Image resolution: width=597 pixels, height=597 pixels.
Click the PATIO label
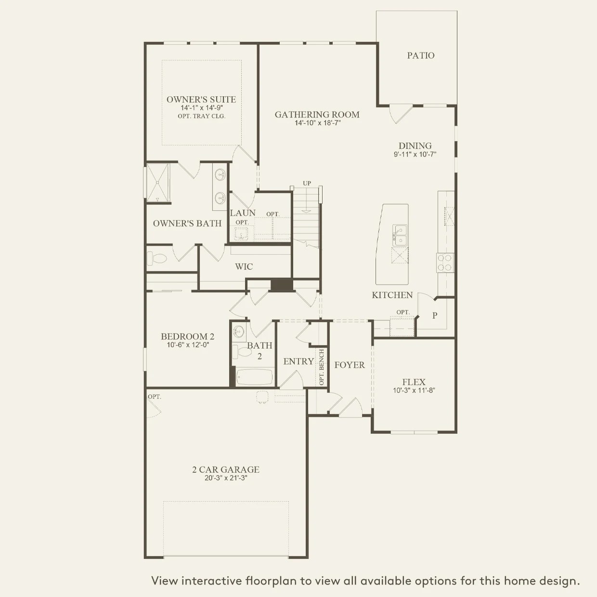coord(421,55)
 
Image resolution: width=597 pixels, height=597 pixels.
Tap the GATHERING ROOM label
coord(317,115)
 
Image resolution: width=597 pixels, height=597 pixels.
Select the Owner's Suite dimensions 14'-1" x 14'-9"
coord(201,108)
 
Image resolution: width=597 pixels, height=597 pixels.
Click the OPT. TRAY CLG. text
coord(201,116)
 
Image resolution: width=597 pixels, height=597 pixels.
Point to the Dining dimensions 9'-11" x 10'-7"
coord(415,155)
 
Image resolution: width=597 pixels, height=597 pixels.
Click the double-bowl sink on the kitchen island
coord(400,235)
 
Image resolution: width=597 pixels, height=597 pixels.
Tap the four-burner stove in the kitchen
coord(444,263)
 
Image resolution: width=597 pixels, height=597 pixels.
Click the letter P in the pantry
coord(435,316)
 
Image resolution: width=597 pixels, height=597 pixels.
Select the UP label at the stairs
coord(307,183)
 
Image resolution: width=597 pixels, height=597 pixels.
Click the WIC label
coord(244,267)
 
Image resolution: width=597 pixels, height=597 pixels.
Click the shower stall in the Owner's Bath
coord(158,182)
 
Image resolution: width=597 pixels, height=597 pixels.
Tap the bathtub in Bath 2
coord(254,376)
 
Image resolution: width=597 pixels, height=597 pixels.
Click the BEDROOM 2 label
coord(187,337)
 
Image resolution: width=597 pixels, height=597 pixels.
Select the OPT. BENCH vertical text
coord(322,367)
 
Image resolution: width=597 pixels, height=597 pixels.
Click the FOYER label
coord(350,365)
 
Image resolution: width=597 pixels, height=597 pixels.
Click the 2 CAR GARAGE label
coord(226,469)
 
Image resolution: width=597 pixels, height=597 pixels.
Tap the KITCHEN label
coord(392,295)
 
